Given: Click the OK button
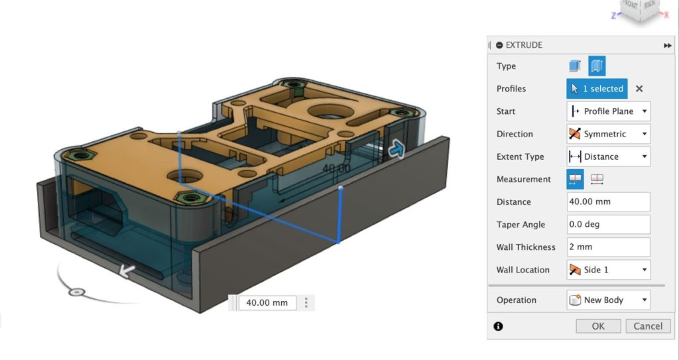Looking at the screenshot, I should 598,326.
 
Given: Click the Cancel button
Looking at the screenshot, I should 648,326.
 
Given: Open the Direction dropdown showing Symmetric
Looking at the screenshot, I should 608,134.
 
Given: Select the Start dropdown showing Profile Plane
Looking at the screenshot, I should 608,111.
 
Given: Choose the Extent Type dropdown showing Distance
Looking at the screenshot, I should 608,156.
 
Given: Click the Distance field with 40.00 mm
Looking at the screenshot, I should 608,202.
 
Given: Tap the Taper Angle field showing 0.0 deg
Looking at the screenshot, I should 608,224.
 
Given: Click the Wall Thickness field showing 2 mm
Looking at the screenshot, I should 608,247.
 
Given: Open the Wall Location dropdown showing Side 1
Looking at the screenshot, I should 608,270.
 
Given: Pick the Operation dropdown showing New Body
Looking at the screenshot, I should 608,300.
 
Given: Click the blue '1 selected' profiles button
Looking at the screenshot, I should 597,89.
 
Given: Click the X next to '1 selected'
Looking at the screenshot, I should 639,89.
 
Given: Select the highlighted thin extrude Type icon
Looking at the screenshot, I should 597,66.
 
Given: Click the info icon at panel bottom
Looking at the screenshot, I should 499,326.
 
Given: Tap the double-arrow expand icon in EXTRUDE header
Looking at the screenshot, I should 667,45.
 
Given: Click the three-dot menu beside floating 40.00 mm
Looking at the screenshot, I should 306,303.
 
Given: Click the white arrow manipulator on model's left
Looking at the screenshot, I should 126,270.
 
